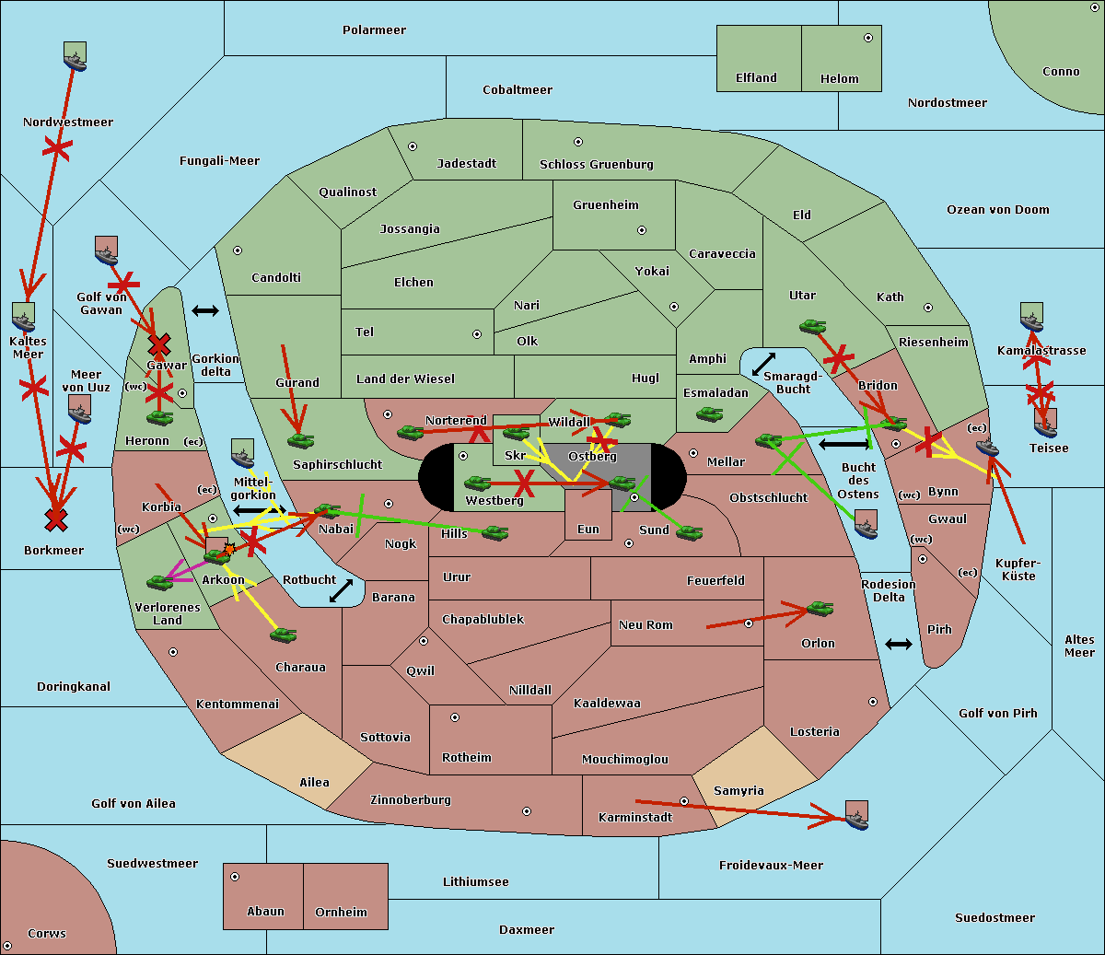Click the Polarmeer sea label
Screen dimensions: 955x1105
point(374,30)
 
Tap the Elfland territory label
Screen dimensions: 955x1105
point(756,78)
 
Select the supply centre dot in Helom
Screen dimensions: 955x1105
point(867,38)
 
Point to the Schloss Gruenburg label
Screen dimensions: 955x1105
point(596,165)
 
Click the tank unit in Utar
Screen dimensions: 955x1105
point(812,326)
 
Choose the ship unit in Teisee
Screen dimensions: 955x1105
point(1045,423)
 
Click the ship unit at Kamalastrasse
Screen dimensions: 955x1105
point(1031,317)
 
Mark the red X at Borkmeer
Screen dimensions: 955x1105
point(56,520)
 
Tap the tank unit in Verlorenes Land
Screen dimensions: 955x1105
point(159,582)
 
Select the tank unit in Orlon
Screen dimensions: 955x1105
point(819,609)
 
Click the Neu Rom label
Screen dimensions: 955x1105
point(646,625)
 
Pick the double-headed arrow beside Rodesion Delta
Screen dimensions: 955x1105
point(898,644)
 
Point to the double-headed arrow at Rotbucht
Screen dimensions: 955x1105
point(341,590)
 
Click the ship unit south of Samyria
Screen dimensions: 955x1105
point(856,815)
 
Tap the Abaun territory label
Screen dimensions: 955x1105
point(265,912)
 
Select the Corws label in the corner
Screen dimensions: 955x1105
point(46,934)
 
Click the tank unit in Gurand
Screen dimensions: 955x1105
point(300,440)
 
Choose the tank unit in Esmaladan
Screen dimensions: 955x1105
point(709,415)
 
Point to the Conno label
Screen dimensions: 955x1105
point(1061,72)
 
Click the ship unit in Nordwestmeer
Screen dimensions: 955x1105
point(75,57)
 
